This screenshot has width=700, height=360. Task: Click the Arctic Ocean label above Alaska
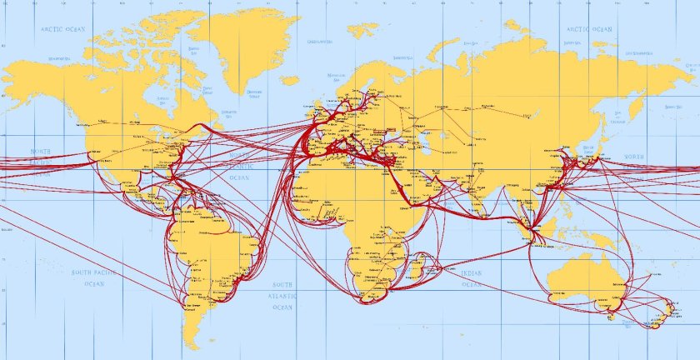64,29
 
